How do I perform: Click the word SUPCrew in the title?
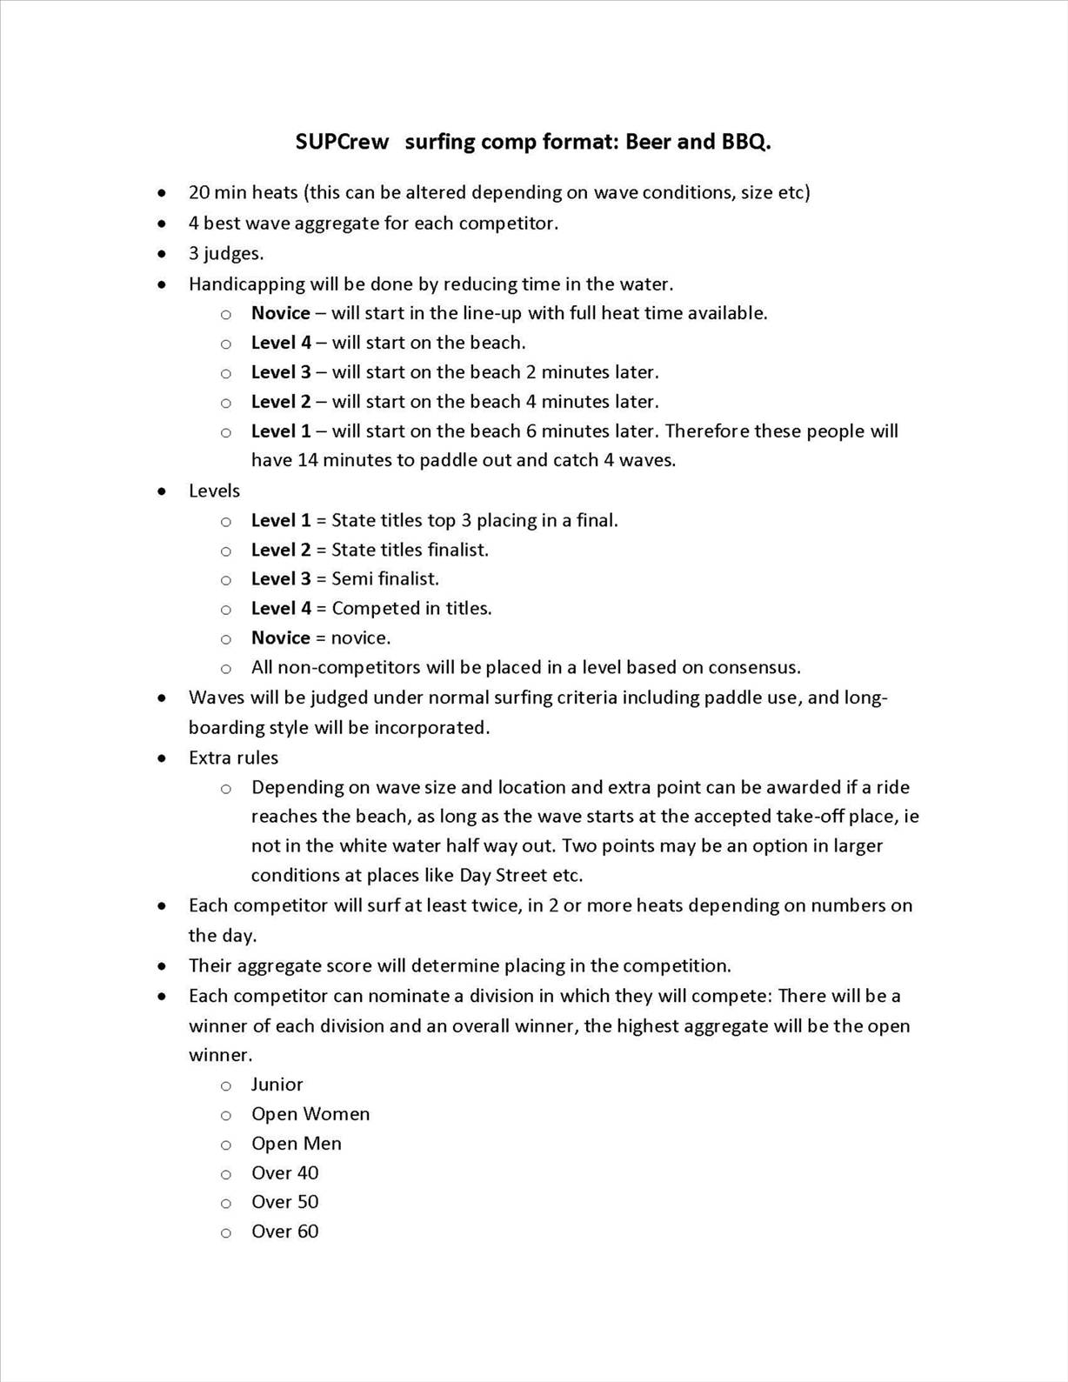pyautogui.click(x=342, y=142)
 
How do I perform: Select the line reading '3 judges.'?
pyautogui.click(x=226, y=253)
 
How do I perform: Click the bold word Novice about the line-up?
pyautogui.click(x=280, y=313)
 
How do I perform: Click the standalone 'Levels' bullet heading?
pyautogui.click(x=214, y=491)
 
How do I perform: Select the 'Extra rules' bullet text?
pyautogui.click(x=233, y=758)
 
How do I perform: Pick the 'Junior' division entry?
pyautogui.click(x=277, y=1085)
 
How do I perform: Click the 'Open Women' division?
pyautogui.click(x=310, y=1114)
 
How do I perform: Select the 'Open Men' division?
pyautogui.click(x=297, y=1144)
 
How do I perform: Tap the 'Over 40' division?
pyautogui.click(x=284, y=1173)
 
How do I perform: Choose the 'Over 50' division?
pyautogui.click(x=284, y=1202)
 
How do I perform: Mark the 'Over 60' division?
pyautogui.click(x=284, y=1232)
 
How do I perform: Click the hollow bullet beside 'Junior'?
pyautogui.click(x=226, y=1085)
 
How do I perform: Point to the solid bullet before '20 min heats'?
pyautogui.click(x=162, y=193)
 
